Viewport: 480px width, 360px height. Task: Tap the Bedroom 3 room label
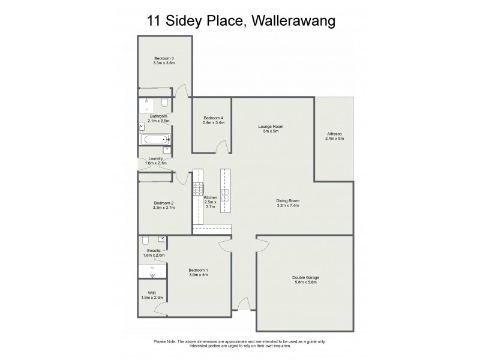point(164,58)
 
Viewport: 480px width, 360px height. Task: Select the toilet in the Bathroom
point(165,102)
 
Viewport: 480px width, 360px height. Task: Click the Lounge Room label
point(271,127)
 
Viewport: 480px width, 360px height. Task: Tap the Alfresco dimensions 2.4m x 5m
point(334,139)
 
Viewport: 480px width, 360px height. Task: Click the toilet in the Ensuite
point(145,241)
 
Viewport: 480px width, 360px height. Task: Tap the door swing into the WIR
point(160,308)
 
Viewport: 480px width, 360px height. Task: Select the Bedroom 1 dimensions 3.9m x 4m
point(198,275)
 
